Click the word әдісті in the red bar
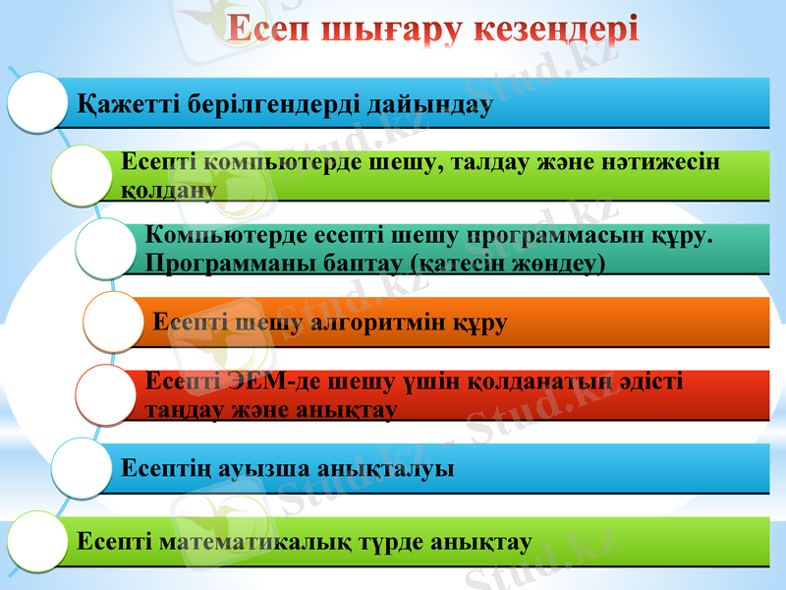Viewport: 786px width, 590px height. click(x=649, y=382)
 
